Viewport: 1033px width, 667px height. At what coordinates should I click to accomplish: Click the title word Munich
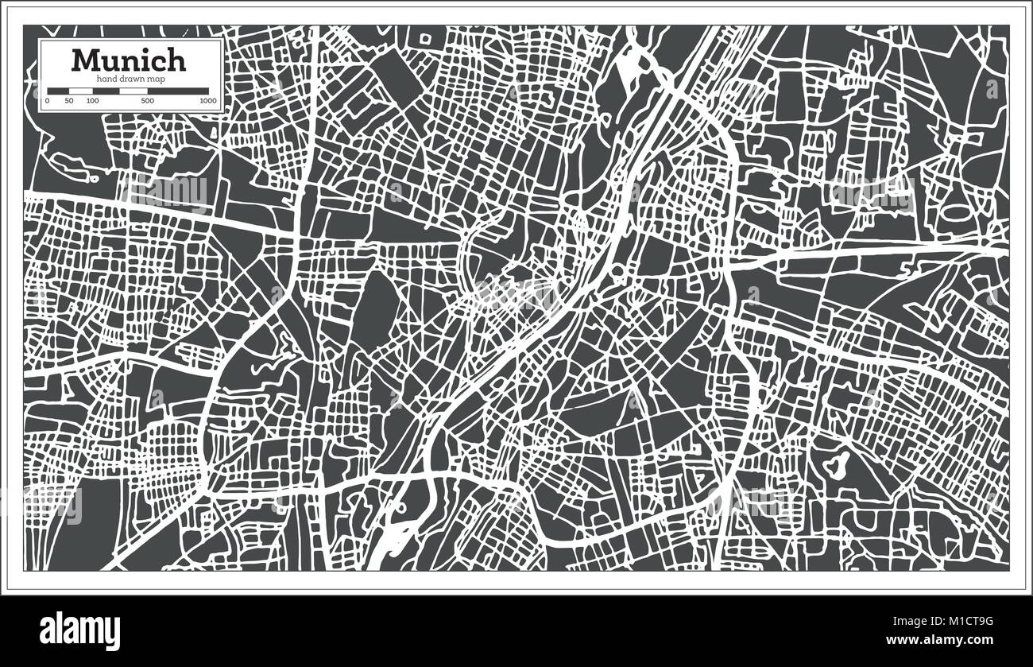pos(129,60)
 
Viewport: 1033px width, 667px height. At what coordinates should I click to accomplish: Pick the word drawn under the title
pos(132,79)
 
